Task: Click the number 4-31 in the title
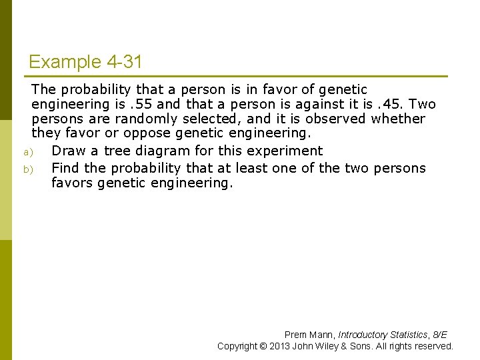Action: pos(124,63)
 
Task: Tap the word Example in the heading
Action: pos(64,63)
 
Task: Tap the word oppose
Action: pos(147,133)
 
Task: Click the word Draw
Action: pos(69,151)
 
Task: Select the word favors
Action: pos(72,183)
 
